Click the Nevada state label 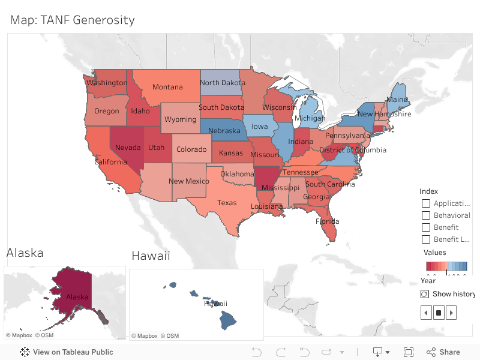[128, 148]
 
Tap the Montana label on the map [167, 87]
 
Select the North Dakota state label [223, 83]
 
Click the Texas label [227, 203]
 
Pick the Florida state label [327, 221]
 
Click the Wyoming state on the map [180, 119]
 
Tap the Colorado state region [191, 150]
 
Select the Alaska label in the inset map [77, 297]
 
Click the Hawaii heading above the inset [151, 256]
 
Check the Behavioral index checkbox [426, 215]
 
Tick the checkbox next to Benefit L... [426, 239]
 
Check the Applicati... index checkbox [426, 203]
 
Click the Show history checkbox [425, 294]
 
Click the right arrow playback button [451, 313]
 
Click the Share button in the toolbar [443, 352]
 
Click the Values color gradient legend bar [446, 266]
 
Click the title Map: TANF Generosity [72, 20]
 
